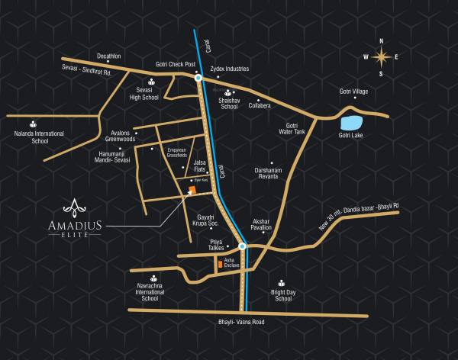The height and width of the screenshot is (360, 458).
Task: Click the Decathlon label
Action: pyautogui.click(x=109, y=56)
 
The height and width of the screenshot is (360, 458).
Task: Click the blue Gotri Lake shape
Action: pyautogui.click(x=353, y=122)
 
